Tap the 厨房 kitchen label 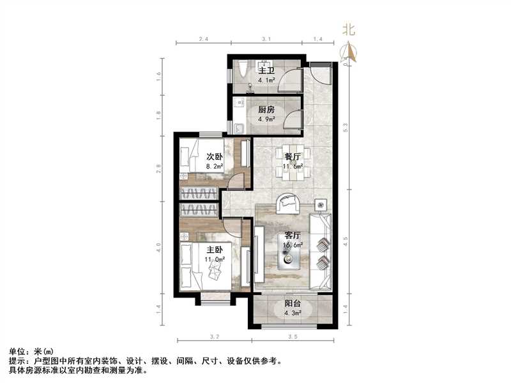267,109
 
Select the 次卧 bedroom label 213,156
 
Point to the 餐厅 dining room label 292,156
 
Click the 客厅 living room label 293,234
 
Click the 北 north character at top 348,29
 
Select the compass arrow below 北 349,51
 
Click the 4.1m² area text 266,81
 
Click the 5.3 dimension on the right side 345,128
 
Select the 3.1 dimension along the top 267,40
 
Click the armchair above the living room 289,204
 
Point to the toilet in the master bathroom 242,69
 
